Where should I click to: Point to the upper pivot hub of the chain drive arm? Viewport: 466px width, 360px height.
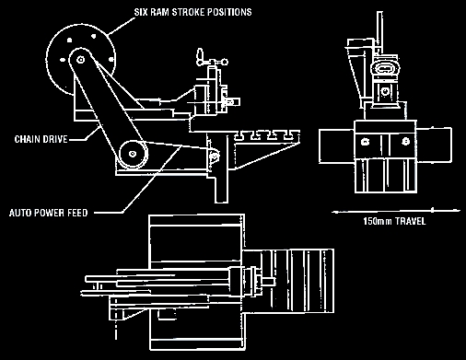pos(80,59)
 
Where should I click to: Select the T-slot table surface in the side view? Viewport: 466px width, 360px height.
pos(267,133)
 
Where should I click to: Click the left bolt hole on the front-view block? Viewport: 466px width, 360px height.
pos(366,141)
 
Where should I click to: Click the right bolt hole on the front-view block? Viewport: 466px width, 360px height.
pos(402,141)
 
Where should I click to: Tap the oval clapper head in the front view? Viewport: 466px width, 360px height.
pos(385,68)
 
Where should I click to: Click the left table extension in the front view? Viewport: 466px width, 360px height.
pos(331,144)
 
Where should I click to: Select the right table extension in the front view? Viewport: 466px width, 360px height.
pos(436,144)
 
